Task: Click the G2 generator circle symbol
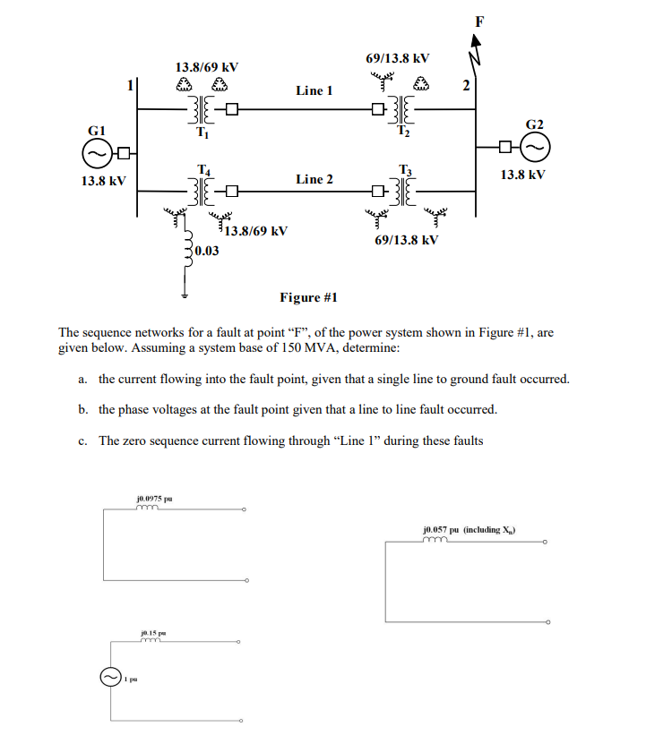pos(535,146)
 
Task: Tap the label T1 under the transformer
pos(202,133)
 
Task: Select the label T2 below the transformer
pos(402,133)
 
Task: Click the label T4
pos(203,170)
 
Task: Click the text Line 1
pos(314,90)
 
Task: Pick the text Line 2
pos(314,179)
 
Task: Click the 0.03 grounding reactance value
pos(207,252)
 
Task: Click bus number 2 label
pos(465,87)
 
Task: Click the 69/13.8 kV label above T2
pos(398,58)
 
